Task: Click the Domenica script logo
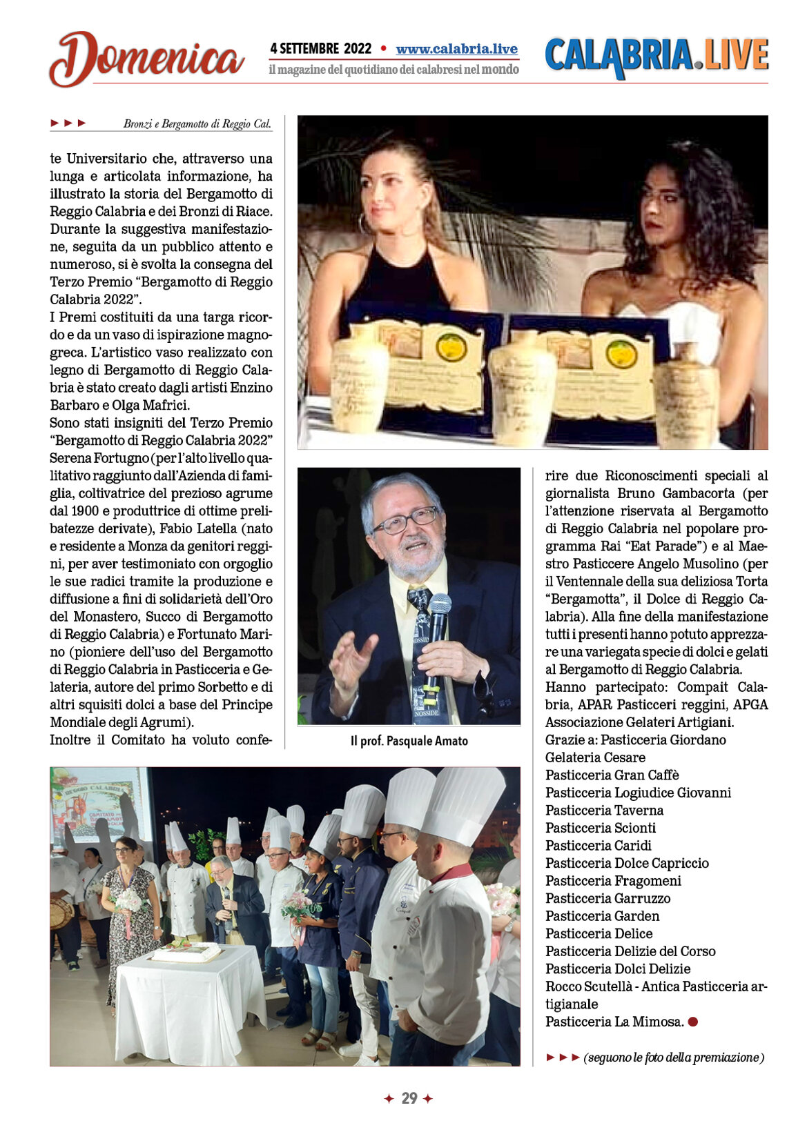pyautogui.click(x=146, y=59)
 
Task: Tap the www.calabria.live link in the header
pyautogui.click(x=456, y=49)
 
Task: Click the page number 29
pyautogui.click(x=409, y=1098)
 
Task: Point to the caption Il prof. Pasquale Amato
pyautogui.click(x=409, y=741)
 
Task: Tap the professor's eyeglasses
pyautogui.click(x=405, y=519)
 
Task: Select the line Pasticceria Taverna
pyautogui.click(x=604, y=811)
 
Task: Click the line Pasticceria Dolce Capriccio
pyautogui.click(x=627, y=863)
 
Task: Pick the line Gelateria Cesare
pyautogui.click(x=595, y=757)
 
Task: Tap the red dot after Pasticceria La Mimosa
pyautogui.click(x=693, y=1022)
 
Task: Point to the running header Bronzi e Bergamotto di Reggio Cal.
pyautogui.click(x=197, y=124)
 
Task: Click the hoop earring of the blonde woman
pyautogui.click(x=362, y=224)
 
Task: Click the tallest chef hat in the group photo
pyautogui.click(x=463, y=804)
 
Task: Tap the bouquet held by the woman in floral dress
pyautogui.click(x=128, y=901)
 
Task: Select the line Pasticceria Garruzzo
pyautogui.click(x=607, y=898)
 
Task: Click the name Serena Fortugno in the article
pyautogui.click(x=99, y=458)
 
